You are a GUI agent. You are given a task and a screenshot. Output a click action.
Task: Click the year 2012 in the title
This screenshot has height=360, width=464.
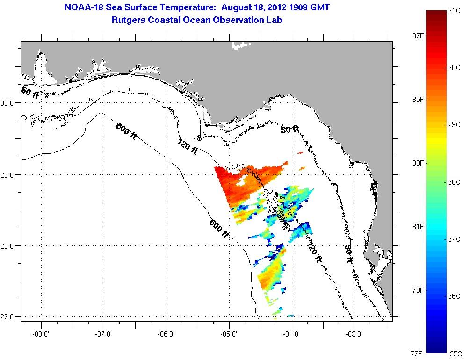268,7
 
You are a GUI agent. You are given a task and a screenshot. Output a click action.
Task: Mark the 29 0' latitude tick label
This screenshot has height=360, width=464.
9,175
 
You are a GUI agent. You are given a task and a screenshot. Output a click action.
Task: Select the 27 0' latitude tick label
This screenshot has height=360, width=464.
9,317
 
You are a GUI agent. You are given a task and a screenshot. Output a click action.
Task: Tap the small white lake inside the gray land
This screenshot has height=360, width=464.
241,45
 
